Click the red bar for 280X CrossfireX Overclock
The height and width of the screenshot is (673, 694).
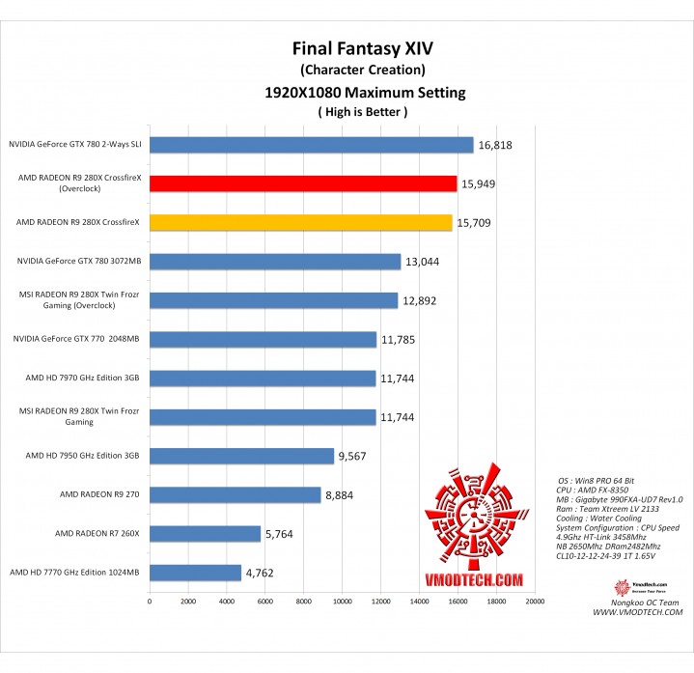[x=303, y=183]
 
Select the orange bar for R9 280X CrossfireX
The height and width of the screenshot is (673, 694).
[x=300, y=222]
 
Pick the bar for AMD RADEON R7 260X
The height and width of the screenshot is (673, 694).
[x=205, y=533]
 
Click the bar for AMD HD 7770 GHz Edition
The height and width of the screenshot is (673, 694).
[x=195, y=572]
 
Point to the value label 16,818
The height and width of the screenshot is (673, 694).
[x=498, y=145]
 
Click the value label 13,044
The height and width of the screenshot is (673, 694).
[x=425, y=261]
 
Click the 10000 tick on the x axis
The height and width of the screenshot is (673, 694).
[x=342, y=601]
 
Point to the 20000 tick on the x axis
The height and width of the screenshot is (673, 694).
[x=535, y=601]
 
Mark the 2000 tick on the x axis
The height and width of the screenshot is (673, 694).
[x=188, y=601]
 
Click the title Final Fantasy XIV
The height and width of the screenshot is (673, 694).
[x=362, y=48]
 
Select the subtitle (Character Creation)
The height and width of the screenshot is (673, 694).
[x=362, y=70]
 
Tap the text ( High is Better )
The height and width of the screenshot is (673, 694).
[x=362, y=112]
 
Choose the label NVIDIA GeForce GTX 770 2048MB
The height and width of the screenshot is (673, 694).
[x=76, y=339]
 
